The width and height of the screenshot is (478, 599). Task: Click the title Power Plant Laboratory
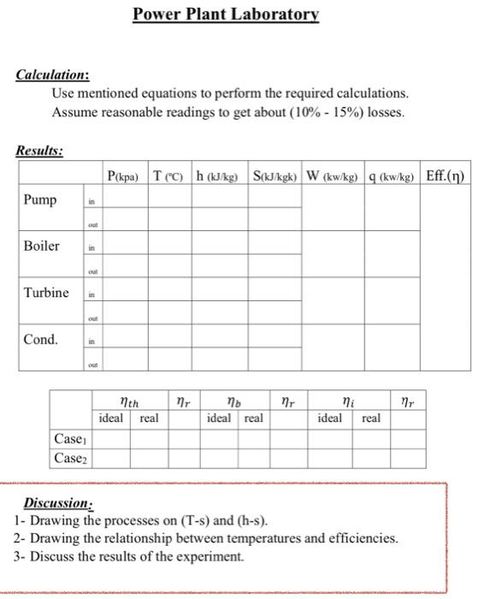[x=226, y=15]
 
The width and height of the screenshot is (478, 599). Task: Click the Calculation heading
[x=53, y=75]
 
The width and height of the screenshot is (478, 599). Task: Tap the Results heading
[x=40, y=151]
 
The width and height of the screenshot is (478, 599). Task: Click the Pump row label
[x=39, y=200]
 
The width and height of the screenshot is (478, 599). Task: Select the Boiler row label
[x=41, y=246]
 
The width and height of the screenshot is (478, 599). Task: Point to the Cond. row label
[x=41, y=340]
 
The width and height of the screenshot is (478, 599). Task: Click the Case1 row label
[x=70, y=439]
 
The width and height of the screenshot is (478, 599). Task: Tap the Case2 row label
[x=70, y=458]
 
